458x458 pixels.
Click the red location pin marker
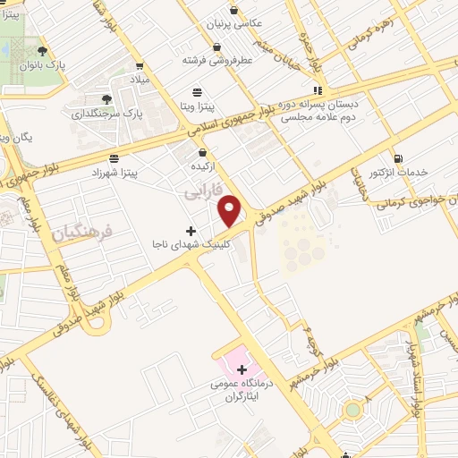click(231, 210)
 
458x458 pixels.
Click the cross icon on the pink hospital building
click(242, 369)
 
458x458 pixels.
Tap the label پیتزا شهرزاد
click(140, 171)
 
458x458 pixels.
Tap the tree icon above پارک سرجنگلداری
click(106, 99)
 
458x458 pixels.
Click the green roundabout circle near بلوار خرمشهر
click(352, 411)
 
